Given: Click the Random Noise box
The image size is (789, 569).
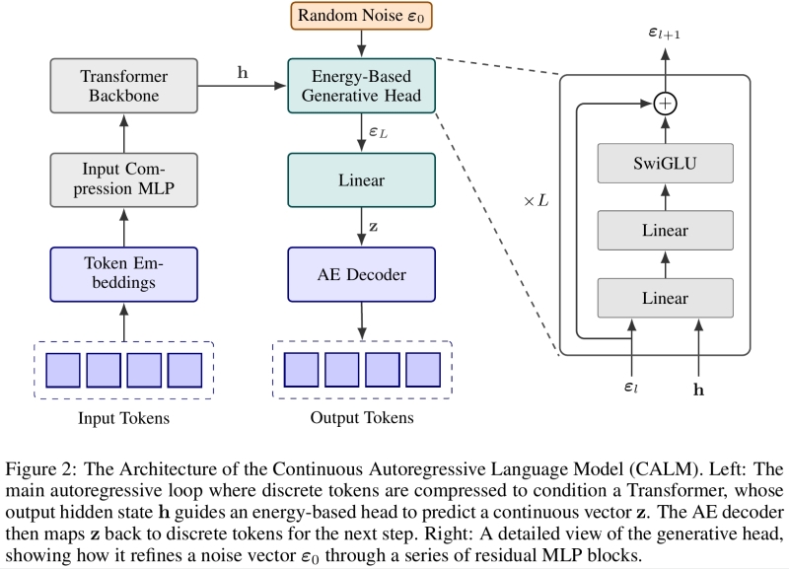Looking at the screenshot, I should pyautogui.click(x=362, y=17).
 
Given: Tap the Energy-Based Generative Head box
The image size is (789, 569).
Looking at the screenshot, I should pyautogui.click(x=362, y=87).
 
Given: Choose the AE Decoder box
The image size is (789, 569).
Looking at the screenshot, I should pyautogui.click(x=362, y=274).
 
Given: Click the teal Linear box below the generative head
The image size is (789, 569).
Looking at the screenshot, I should pyautogui.click(x=362, y=181).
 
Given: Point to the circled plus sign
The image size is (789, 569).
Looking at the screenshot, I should pyautogui.click(x=668, y=102).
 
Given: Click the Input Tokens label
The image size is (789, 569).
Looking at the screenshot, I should pyautogui.click(x=124, y=418).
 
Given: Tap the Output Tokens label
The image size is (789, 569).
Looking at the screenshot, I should pyautogui.click(x=362, y=418).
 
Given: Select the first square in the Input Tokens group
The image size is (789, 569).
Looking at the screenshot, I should pyautogui.click(x=64, y=369).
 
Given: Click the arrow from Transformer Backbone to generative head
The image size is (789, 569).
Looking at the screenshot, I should pyautogui.click(x=241, y=87).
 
